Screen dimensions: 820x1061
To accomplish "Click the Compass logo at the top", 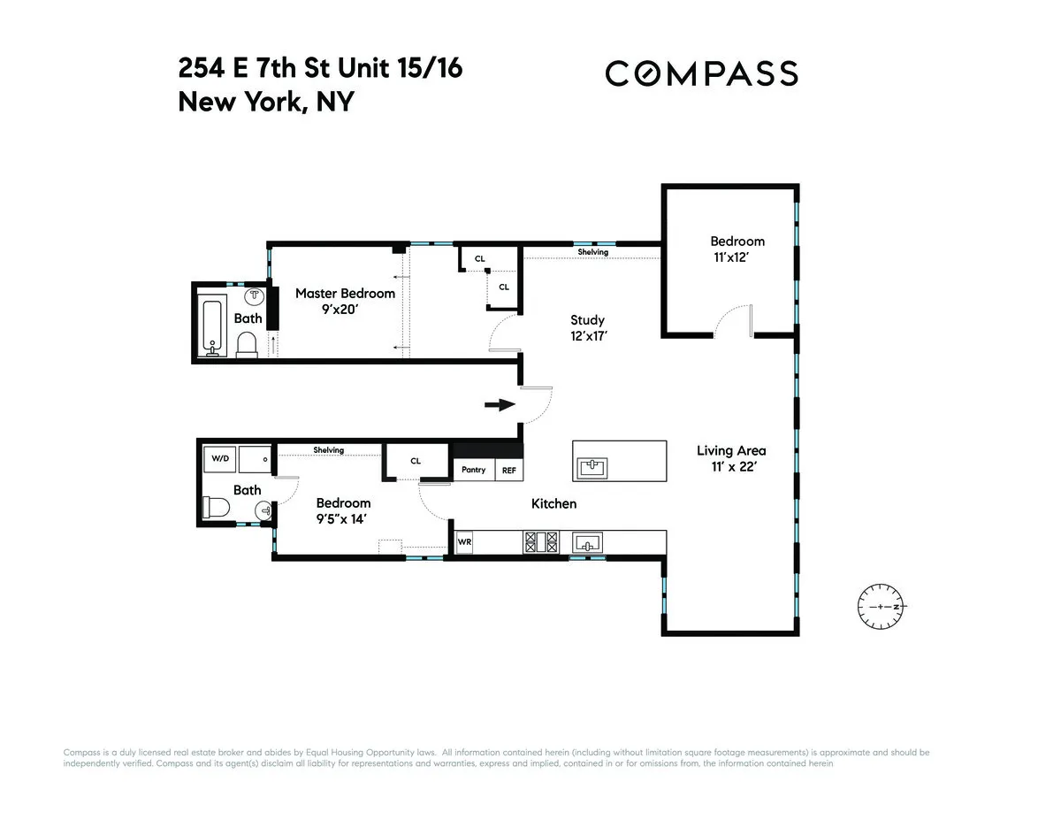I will [701, 73].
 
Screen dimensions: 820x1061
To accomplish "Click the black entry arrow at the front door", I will [500, 405].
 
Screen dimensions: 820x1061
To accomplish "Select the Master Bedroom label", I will [345, 294].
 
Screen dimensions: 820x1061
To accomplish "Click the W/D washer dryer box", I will [220, 459].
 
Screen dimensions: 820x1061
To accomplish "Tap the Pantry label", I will [474, 470].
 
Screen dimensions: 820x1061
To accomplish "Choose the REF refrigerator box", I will [509, 470].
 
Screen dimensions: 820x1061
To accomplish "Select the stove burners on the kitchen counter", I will [541, 541].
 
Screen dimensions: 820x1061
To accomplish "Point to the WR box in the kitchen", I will [464, 542].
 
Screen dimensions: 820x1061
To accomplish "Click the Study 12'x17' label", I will [588, 327].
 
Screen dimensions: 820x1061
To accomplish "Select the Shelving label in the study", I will [593, 252].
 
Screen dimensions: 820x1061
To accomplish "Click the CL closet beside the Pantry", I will [416, 461].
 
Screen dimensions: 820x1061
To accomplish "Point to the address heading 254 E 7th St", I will [320, 68].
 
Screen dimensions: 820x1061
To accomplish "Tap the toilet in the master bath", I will [248, 344].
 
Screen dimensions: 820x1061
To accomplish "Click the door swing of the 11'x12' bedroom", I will [732, 320].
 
